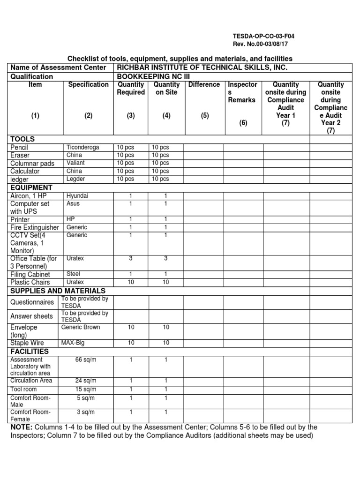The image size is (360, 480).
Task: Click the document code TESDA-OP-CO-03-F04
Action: (x=263, y=36)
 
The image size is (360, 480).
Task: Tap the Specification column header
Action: (x=89, y=85)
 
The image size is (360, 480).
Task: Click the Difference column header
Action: (x=204, y=85)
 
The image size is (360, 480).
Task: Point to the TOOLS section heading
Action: (x=22, y=139)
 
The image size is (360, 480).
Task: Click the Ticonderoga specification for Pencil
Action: (x=83, y=147)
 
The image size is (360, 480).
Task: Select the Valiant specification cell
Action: (x=75, y=163)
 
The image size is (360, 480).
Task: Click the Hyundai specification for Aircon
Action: (x=77, y=195)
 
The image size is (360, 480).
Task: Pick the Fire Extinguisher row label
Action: (x=35, y=227)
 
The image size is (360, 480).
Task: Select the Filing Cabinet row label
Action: (x=30, y=274)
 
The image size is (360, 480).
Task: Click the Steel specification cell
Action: (x=74, y=274)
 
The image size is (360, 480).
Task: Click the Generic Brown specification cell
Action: (x=81, y=327)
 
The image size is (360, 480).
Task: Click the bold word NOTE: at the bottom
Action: (x=22, y=427)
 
